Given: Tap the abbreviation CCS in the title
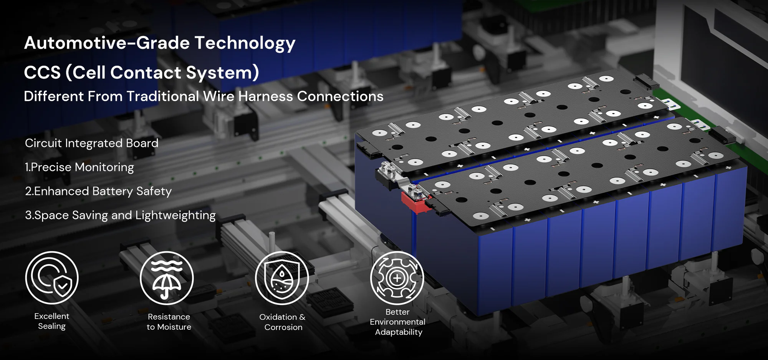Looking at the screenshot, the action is pyautogui.click(x=42, y=73).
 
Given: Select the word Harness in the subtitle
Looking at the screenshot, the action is pyautogui.click(x=265, y=96).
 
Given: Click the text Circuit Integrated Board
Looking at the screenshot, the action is pyautogui.click(x=91, y=143).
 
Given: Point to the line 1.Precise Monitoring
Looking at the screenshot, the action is pyautogui.click(x=79, y=167).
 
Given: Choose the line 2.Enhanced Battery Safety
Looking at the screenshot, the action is pyautogui.click(x=98, y=191).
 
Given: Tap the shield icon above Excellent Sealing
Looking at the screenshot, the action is pyautogui.click(x=52, y=278).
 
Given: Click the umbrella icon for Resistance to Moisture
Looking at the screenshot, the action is pyautogui.click(x=167, y=278).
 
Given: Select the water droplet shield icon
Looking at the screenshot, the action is pyautogui.click(x=282, y=278).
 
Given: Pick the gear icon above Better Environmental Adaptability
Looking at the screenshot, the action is pyautogui.click(x=397, y=278).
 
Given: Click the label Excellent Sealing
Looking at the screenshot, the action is pyautogui.click(x=52, y=321).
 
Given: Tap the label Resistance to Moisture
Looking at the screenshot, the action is pyautogui.click(x=169, y=322).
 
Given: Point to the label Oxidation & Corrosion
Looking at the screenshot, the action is pyautogui.click(x=283, y=322).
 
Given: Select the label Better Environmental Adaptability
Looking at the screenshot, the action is pyautogui.click(x=398, y=322).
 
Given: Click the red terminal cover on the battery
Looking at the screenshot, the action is pyautogui.click(x=416, y=203).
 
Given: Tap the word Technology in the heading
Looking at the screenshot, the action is pyautogui.click(x=245, y=43).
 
